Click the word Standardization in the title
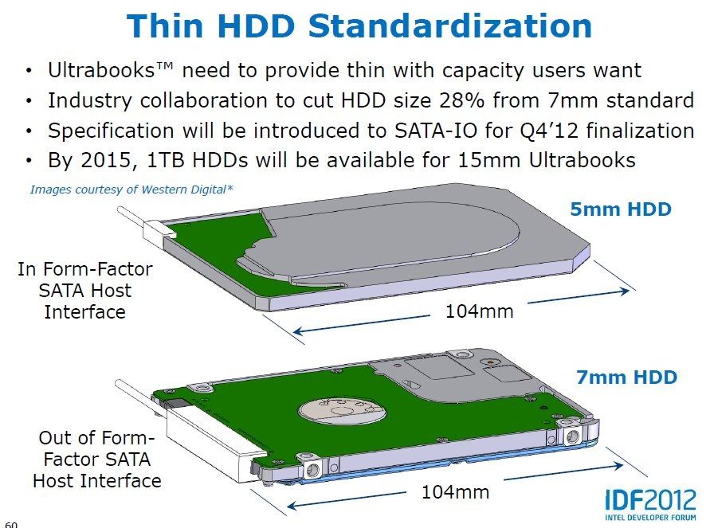click(449, 25)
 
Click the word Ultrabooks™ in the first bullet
click(111, 70)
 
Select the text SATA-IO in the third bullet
click(436, 131)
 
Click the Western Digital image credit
click(131, 190)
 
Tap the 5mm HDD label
click(620, 209)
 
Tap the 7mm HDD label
click(626, 377)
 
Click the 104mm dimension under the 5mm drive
click(480, 311)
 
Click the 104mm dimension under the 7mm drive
click(456, 492)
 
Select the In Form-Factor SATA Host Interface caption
click(85, 291)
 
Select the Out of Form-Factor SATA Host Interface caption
click(97, 460)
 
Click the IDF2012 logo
click(651, 504)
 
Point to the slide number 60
click(11, 525)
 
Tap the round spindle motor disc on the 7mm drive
click(343, 413)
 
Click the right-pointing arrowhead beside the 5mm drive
click(624, 291)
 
